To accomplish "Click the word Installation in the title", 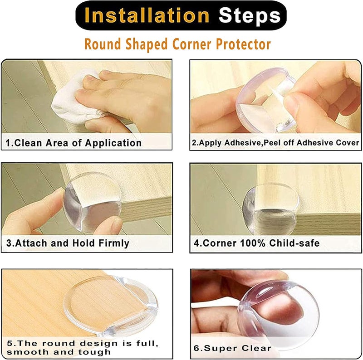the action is click(x=147, y=15).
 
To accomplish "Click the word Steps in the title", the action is click(x=250, y=16).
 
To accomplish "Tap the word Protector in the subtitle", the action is click(x=243, y=44).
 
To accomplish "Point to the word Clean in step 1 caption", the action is click(x=30, y=143).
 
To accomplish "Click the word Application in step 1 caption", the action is click(x=113, y=143).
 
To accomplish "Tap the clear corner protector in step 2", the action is click(x=266, y=100).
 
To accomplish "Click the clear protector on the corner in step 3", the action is click(x=93, y=202).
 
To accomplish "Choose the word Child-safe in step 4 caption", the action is click(x=294, y=243).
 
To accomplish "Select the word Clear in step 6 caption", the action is click(x=256, y=348).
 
